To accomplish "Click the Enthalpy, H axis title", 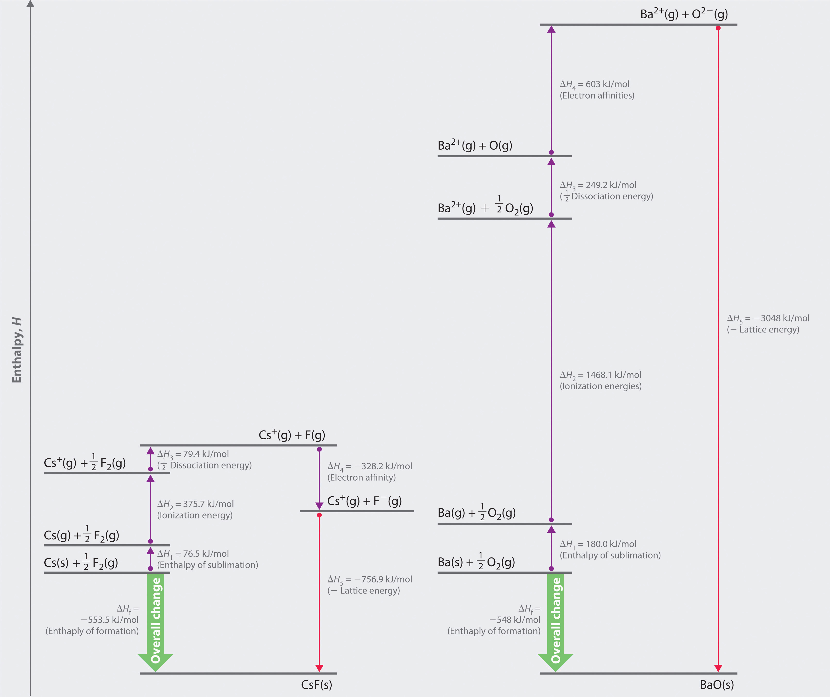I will coord(16,350).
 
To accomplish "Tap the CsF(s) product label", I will coord(316,685).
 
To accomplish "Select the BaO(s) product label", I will coord(717,685).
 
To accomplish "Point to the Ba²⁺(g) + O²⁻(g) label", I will coord(684,14).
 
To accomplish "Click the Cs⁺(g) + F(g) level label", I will coord(292,435).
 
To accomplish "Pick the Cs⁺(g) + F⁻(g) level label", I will coord(364,501).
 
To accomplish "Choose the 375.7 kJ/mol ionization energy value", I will coord(208,504).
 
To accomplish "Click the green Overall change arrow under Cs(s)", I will coord(155,621).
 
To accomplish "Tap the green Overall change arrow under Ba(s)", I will coord(556,621).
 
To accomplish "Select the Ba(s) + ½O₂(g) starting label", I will coord(476,562).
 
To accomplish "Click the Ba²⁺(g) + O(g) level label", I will coord(475,145).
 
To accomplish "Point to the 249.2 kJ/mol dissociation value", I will coord(611,185).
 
